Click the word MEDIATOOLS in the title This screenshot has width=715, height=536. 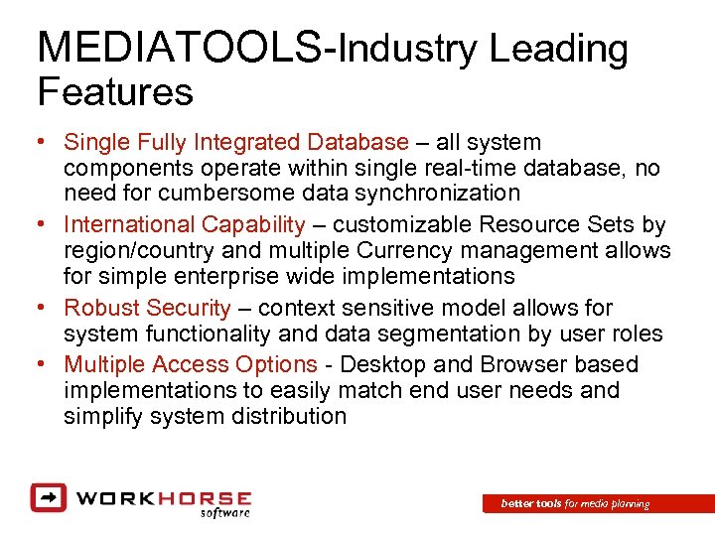pyautogui.click(x=178, y=49)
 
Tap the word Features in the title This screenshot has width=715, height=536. pyautogui.click(x=114, y=92)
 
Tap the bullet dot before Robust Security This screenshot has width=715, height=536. pyautogui.click(x=41, y=309)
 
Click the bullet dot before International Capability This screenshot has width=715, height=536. pyautogui.click(x=41, y=225)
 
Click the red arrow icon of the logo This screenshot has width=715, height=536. pyautogui.click(x=47, y=497)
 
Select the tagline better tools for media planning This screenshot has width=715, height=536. pyautogui.click(x=575, y=504)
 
